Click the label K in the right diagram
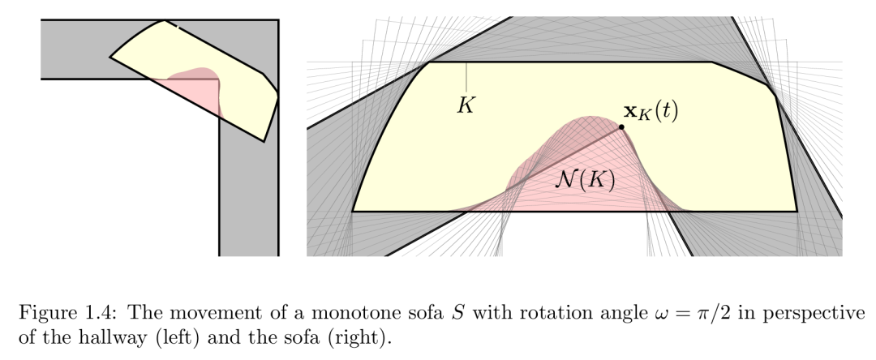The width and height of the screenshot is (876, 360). [466, 105]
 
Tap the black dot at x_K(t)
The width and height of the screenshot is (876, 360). [621, 127]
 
